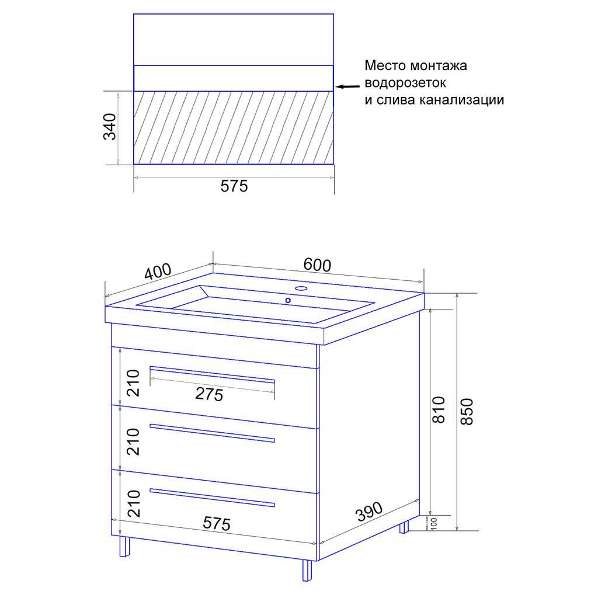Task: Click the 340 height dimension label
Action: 110,127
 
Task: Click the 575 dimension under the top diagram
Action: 234,186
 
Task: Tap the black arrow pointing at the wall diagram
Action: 347,87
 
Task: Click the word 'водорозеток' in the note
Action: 405,83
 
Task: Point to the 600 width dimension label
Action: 317,265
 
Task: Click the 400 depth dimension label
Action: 158,272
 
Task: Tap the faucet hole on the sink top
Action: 302,288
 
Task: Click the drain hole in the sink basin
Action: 288,301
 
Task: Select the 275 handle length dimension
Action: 209,394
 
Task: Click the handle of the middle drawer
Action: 212,433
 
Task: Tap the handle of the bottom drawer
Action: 212,498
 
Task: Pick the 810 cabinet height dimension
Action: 439,409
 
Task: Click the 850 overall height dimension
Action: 467,412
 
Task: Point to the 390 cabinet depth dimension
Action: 369,512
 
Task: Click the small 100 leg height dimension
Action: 434,523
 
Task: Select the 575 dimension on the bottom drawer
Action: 217,524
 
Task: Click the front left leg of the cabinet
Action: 124,547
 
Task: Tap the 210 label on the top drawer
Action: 134,383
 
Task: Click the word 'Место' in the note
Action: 385,65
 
